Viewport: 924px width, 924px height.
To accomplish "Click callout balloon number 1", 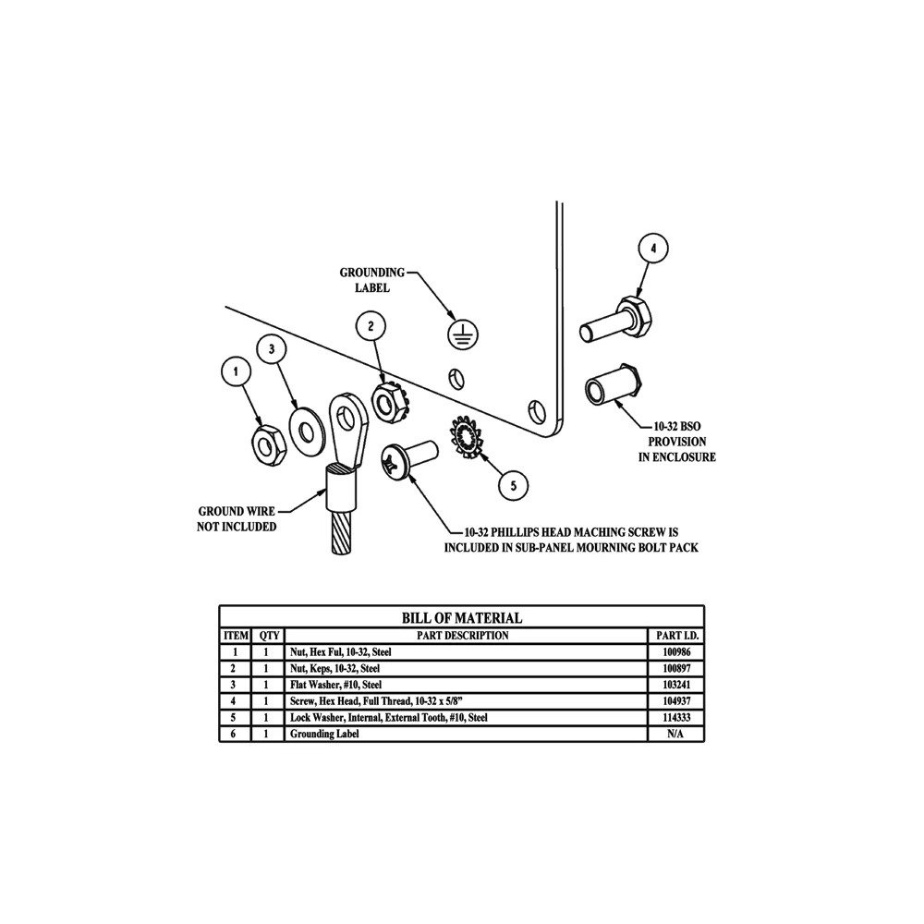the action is pyautogui.click(x=237, y=371).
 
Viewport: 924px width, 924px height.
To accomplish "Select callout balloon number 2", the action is pyautogui.click(x=371, y=326).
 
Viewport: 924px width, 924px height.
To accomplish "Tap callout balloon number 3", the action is pyautogui.click(x=272, y=349).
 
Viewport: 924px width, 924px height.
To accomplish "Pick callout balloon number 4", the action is pyautogui.click(x=653, y=249).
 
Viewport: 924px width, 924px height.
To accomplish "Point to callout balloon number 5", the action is pyautogui.click(x=513, y=486).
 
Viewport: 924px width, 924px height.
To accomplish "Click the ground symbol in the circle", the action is pyautogui.click(x=464, y=335).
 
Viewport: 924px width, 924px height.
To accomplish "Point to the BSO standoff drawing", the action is pyautogui.click(x=614, y=386).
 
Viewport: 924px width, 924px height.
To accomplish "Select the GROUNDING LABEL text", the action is pyautogui.click(x=372, y=280).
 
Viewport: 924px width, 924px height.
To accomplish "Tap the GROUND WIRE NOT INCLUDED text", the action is pyautogui.click(x=237, y=518).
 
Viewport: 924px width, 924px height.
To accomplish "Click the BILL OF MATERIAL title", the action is pyautogui.click(x=462, y=617).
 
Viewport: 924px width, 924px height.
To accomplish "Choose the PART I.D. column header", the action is pyautogui.click(x=677, y=636).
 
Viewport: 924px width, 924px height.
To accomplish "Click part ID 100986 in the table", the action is pyautogui.click(x=676, y=651).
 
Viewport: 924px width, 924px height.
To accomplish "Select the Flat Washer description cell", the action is pyautogui.click(x=466, y=685).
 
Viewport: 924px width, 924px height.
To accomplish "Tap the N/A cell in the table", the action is pyautogui.click(x=676, y=734).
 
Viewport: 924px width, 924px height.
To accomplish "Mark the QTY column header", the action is pyautogui.click(x=269, y=636).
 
